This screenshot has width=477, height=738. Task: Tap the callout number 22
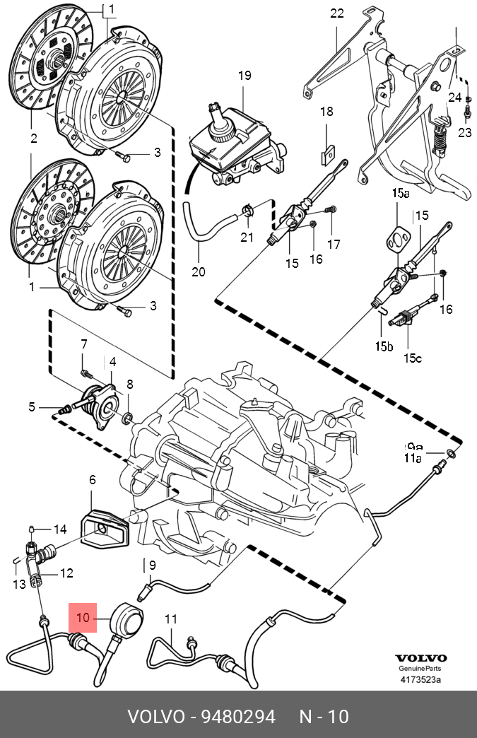point(336,13)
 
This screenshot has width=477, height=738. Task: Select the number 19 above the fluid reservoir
point(245,76)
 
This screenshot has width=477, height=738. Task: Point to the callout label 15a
point(401,193)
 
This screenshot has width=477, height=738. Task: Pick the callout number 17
point(334,245)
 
